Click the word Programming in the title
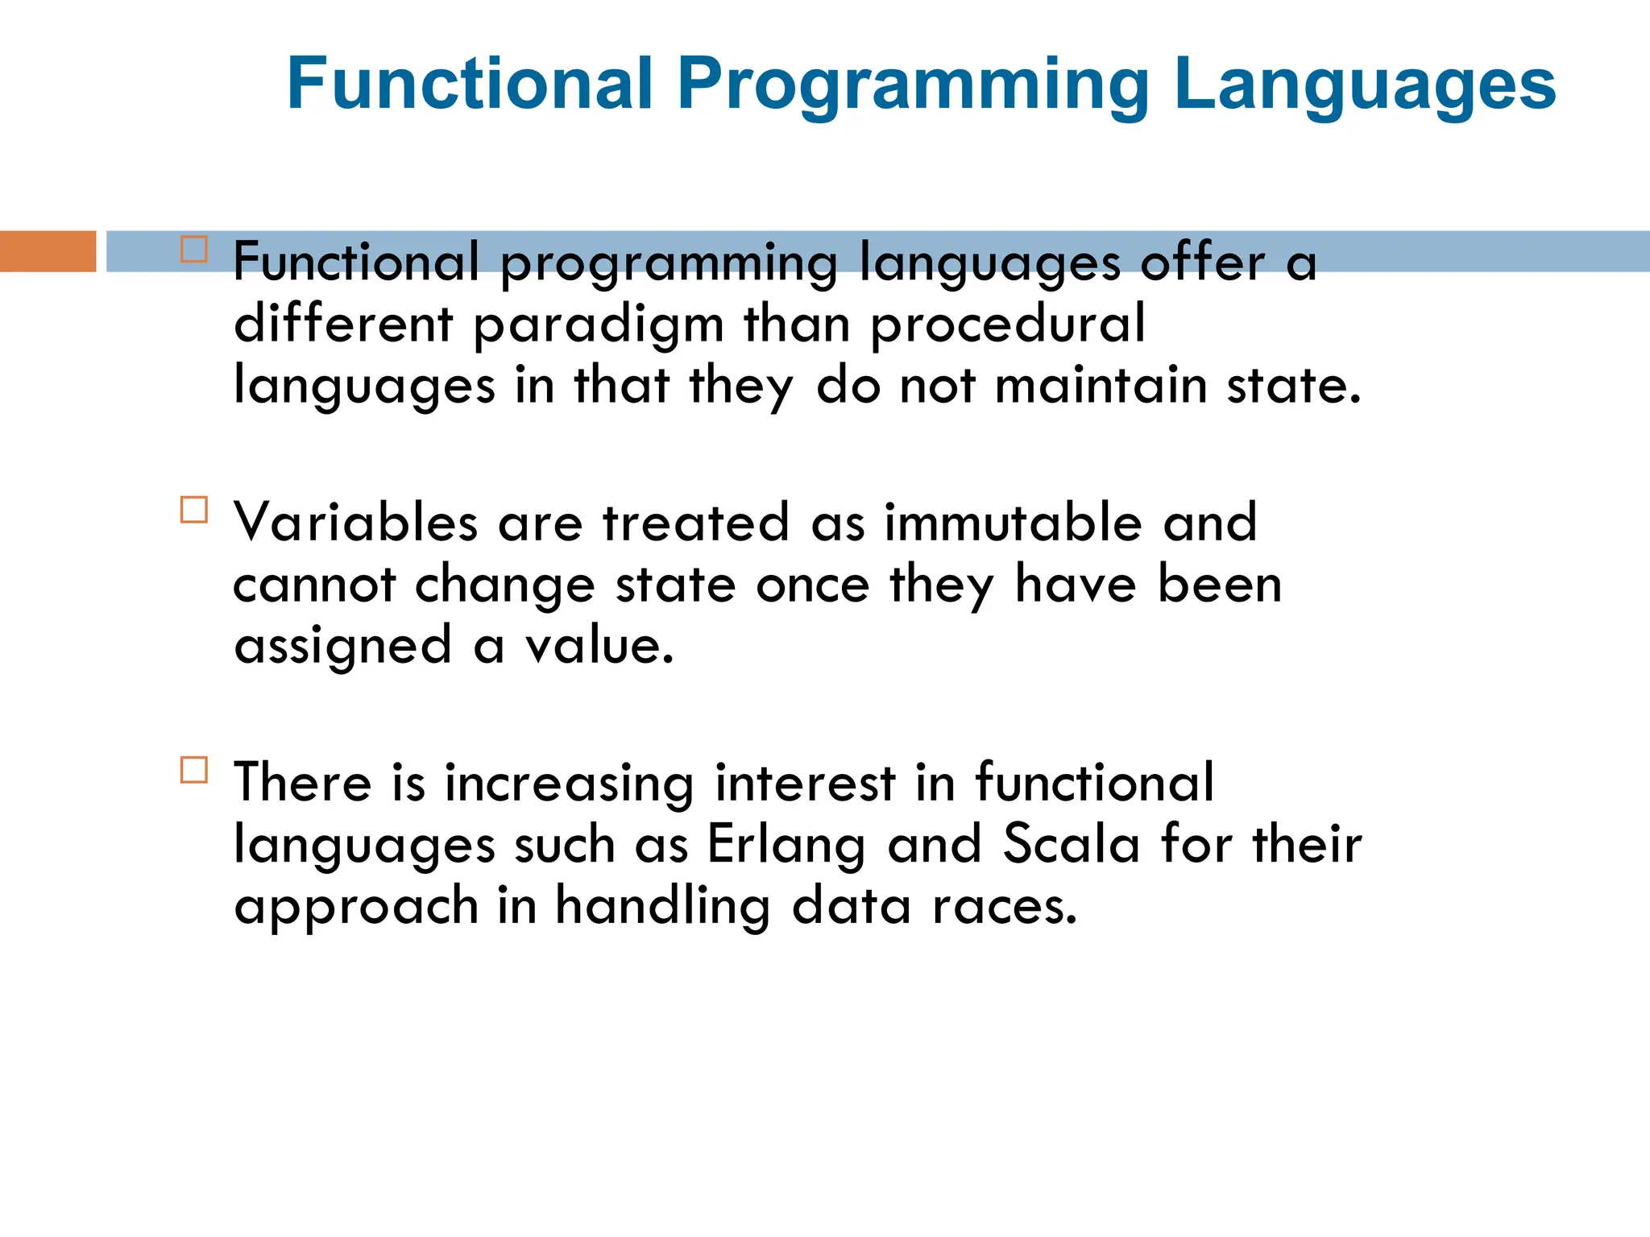click(x=913, y=85)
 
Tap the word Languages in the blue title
click(x=1365, y=85)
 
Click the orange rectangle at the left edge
click(x=48, y=251)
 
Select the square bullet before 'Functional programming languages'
click(x=194, y=249)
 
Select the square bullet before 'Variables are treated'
click(x=194, y=510)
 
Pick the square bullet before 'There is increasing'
click(x=194, y=770)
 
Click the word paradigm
click(x=598, y=326)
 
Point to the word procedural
click(x=1007, y=326)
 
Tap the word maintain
click(x=1101, y=385)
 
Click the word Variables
click(x=355, y=523)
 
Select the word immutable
click(x=1014, y=523)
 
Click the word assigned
click(x=342, y=647)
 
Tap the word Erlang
click(x=786, y=846)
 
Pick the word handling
click(x=662, y=908)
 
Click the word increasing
click(x=569, y=784)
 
